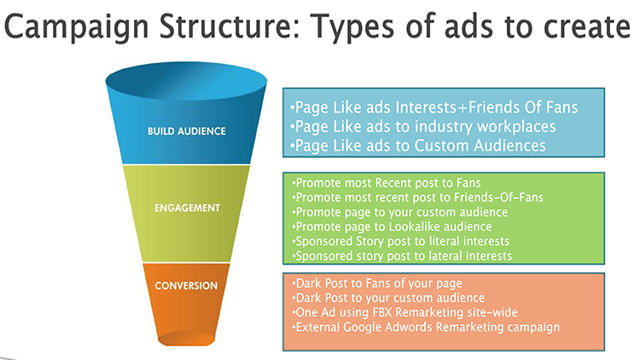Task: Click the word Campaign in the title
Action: pyautogui.click(x=76, y=27)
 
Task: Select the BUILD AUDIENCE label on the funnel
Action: pyautogui.click(x=187, y=131)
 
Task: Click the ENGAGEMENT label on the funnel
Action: pyautogui.click(x=188, y=208)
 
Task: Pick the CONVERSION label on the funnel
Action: pyautogui.click(x=186, y=286)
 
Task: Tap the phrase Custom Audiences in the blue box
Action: pyautogui.click(x=480, y=146)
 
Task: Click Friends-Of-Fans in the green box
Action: pyautogui.click(x=499, y=198)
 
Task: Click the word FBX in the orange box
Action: pyautogui.click(x=382, y=312)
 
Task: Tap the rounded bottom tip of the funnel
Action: pyautogui.click(x=186, y=340)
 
